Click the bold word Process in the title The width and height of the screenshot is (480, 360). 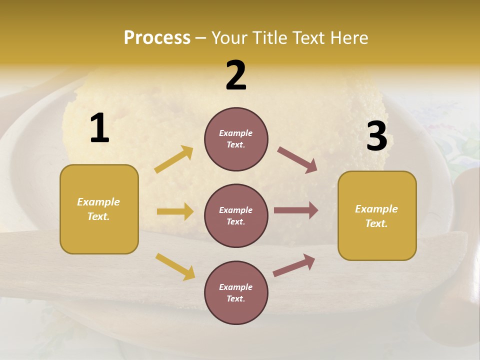coord(157,38)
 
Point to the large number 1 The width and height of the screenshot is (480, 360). coord(99,128)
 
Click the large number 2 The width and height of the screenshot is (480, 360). coord(236,75)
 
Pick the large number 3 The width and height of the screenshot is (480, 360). coord(376,136)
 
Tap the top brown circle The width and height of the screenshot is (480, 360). coord(236,139)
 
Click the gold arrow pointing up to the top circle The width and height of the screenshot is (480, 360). coord(174,159)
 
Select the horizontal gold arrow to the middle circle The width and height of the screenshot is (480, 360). coord(175,211)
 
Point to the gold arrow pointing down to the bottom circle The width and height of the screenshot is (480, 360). coord(175,266)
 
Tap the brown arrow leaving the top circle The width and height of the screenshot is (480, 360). coord(297,159)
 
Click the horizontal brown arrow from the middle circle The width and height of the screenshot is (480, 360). coord(296,210)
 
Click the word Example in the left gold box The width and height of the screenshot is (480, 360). coord(98,202)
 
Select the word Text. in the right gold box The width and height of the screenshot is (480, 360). coord(376,223)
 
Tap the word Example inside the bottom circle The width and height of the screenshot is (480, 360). coord(235,287)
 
